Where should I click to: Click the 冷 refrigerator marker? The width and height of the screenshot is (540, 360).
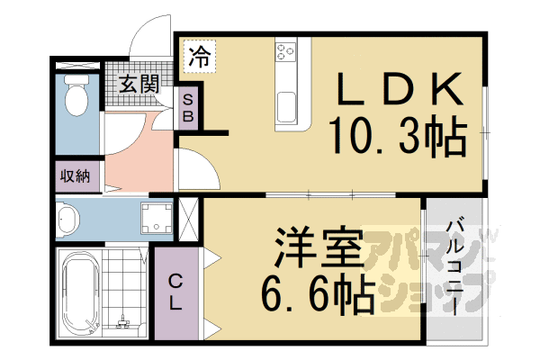[199, 59]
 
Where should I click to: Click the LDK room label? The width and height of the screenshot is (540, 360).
[400, 89]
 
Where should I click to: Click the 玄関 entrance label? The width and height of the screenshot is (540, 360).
[138, 85]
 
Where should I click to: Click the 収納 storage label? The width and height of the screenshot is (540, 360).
[76, 175]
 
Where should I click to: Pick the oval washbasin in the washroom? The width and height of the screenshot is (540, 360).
[68, 218]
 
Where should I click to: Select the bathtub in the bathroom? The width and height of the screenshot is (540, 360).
[79, 292]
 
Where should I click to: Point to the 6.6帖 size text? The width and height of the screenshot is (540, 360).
[317, 294]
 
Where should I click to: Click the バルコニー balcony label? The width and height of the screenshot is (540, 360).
[455, 265]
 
